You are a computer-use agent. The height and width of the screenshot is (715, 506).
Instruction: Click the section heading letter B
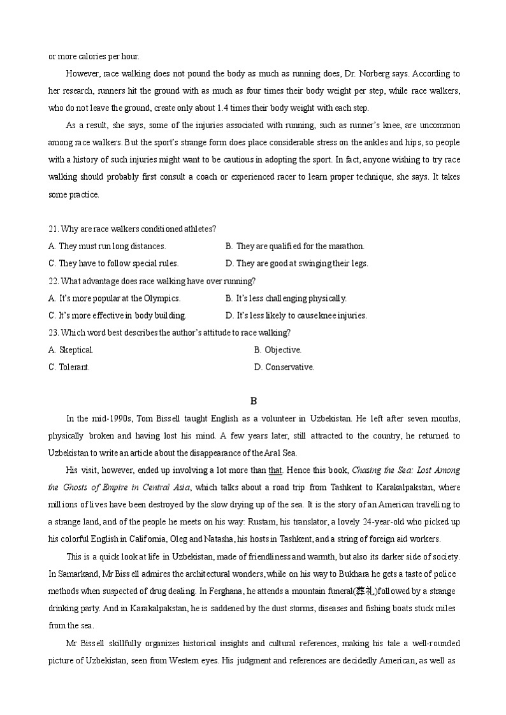coord(253,401)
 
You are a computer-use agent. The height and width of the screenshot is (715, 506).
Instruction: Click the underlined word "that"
coord(275,470)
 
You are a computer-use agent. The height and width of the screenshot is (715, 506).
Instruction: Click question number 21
coord(54,229)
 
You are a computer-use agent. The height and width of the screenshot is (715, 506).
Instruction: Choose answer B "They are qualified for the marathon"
coord(295,246)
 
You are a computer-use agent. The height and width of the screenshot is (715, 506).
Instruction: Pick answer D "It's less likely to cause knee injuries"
coord(296,315)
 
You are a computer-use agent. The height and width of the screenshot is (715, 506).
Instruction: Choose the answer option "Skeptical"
coord(71,350)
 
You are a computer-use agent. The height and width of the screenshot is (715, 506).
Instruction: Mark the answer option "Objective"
coord(278,350)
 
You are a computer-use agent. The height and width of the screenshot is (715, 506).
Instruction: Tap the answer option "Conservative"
coord(284,367)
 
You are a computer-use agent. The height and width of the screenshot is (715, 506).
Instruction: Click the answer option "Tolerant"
coord(69,367)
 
